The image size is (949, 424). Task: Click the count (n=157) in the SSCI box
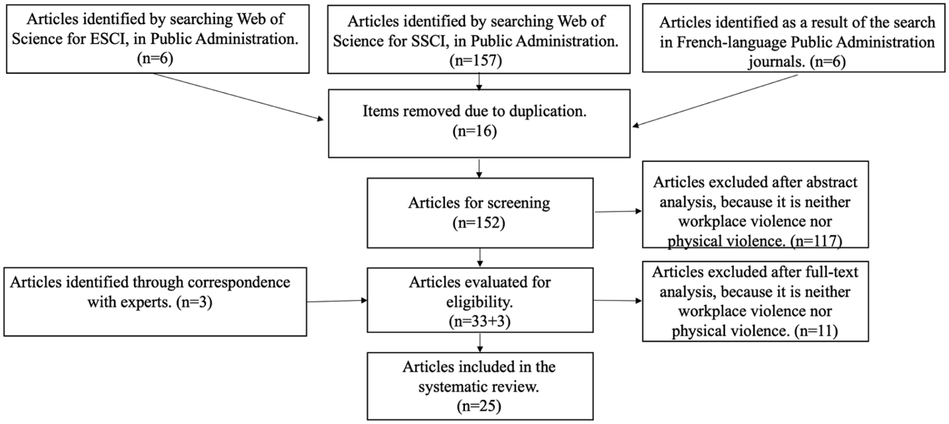[x=476, y=61]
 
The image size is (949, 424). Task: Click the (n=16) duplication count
[x=475, y=131]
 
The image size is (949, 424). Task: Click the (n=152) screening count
[x=479, y=223]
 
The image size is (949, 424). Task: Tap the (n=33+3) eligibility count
[x=480, y=321]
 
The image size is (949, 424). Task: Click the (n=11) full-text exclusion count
[x=815, y=331]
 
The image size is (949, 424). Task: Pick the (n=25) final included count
[x=479, y=406]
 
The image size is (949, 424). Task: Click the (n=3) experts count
[x=194, y=302]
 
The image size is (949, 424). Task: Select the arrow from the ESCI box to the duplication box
[x=238, y=97]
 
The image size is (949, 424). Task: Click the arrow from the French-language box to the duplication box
[x=715, y=100]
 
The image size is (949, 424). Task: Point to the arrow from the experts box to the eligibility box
[x=337, y=301]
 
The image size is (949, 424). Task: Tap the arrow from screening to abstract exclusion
[x=618, y=212]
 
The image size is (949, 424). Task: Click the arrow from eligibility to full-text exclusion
[x=618, y=301]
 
